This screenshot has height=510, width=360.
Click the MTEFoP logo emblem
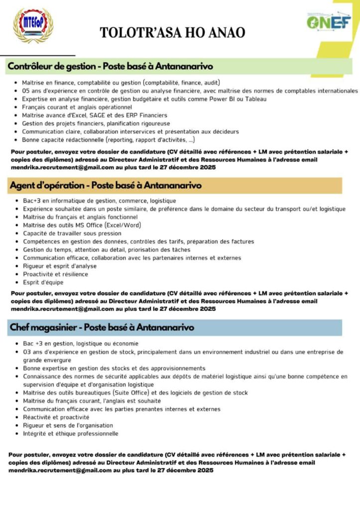point(32,25)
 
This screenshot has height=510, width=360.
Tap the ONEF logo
point(328,21)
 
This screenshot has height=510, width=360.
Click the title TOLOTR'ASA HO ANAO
point(172,33)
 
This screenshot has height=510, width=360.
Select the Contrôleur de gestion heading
point(110,66)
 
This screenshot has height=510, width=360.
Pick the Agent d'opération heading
point(105,185)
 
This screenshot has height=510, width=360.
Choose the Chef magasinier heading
point(102,327)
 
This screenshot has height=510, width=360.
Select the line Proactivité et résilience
point(55,274)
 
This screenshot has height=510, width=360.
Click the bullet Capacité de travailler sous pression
point(72,233)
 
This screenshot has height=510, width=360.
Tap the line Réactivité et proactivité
point(56,417)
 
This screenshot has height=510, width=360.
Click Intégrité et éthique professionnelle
point(70,433)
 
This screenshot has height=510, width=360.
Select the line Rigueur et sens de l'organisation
point(68,425)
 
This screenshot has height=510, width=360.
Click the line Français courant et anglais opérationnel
point(77,107)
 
